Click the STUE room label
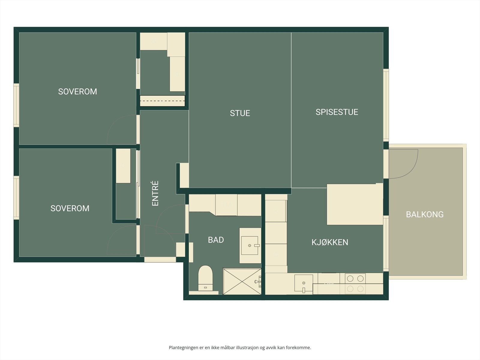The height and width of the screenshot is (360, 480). tap(240, 113)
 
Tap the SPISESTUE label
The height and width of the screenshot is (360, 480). tap(337, 112)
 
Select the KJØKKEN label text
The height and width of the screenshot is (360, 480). tap(330, 242)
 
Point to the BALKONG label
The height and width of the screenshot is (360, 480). tap(425, 214)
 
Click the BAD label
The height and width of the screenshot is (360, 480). tap(216, 240)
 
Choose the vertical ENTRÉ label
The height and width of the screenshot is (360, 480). tap(155, 193)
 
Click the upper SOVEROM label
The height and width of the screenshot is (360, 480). tap(78, 91)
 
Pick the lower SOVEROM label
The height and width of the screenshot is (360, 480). tap(70, 208)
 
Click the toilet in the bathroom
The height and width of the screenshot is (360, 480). tap(205, 278)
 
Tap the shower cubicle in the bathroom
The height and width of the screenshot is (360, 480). tap(242, 281)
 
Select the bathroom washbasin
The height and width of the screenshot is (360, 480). tap(250, 245)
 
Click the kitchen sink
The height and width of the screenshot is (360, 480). tap(304, 283)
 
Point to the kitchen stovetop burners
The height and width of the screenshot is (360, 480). tap(355, 284)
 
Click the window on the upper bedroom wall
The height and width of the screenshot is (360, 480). tap(16, 105)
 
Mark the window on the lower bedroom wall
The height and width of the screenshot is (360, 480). tap(16, 198)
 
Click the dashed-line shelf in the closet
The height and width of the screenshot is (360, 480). tap(163, 101)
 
